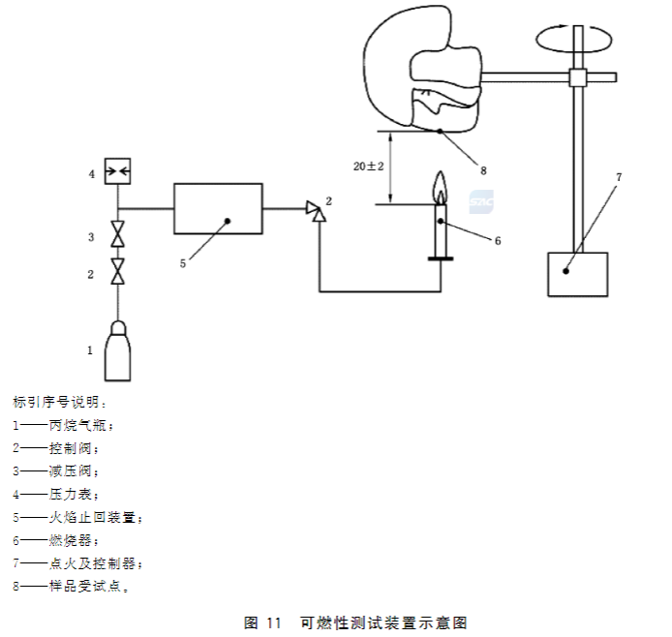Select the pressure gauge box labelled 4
(x=118, y=173)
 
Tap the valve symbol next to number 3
(x=118, y=236)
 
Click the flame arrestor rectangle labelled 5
(x=218, y=208)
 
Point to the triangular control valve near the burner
(x=314, y=208)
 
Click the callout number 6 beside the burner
(x=498, y=240)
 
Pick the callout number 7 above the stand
(x=619, y=177)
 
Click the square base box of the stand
(x=578, y=274)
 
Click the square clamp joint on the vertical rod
(x=577, y=76)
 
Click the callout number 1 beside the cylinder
(x=90, y=349)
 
